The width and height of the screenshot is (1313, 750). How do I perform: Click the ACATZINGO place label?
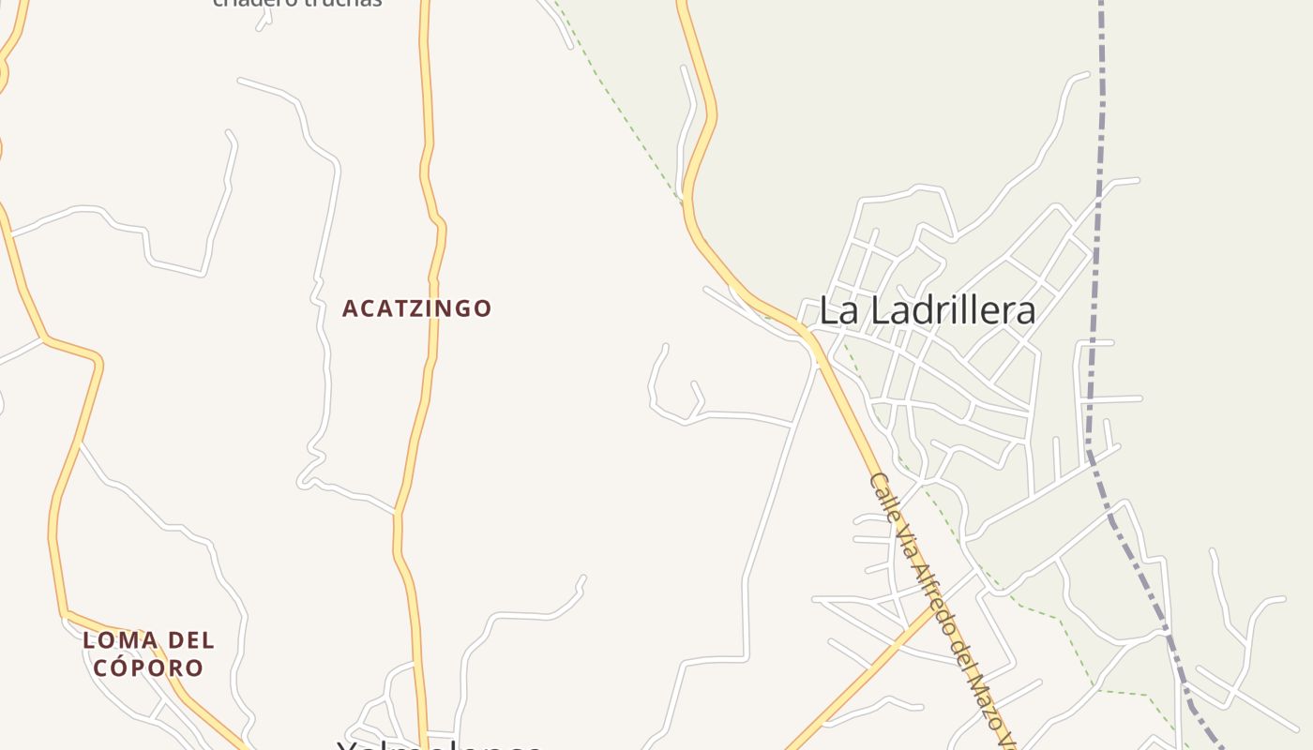click(416, 308)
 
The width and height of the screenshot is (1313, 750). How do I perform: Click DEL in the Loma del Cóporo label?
click(190, 641)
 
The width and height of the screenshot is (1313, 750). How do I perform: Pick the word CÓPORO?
click(148, 668)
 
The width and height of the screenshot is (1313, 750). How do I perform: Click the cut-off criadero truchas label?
click(297, 3)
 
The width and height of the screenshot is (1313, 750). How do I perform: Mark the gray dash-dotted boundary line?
click(1094, 281)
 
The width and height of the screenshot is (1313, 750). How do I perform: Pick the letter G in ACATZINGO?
click(461, 308)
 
